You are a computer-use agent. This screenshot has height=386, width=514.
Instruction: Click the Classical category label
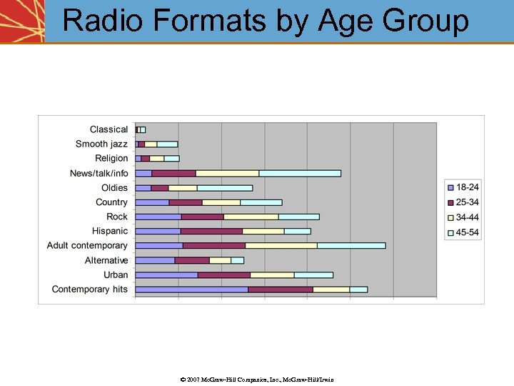109,129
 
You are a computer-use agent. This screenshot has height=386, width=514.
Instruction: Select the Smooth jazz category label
101,144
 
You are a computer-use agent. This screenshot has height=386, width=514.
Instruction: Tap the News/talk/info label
99,173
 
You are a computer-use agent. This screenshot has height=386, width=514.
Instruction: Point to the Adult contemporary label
87,245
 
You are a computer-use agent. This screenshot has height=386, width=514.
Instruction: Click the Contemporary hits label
89,289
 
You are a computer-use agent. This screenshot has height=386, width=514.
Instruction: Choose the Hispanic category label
109,231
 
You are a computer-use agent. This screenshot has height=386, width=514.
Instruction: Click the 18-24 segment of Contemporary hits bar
191,289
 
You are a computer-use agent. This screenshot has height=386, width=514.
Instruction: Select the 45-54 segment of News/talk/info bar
300,173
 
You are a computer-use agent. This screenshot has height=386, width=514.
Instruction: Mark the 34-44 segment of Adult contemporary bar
281,245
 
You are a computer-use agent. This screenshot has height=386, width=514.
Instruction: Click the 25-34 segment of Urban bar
224,274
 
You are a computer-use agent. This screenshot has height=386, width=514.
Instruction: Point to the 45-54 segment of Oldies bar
224,188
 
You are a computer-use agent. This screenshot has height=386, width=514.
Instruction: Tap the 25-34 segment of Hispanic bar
211,231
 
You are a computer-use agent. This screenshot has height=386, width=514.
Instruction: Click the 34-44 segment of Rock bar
251,217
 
